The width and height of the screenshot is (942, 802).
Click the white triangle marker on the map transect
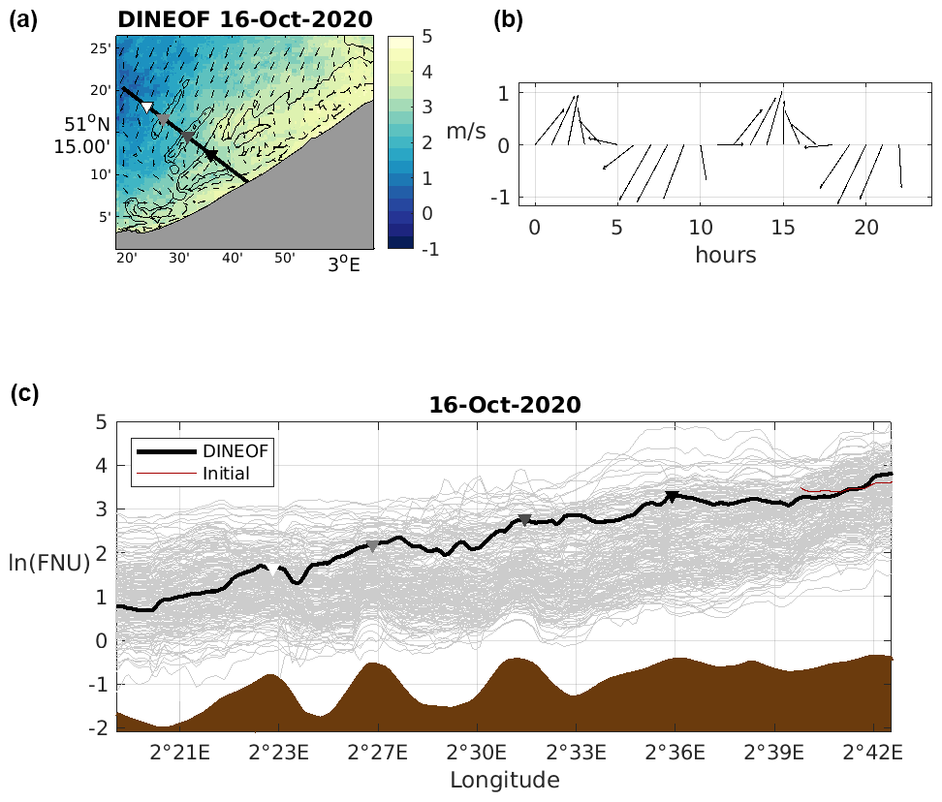146,107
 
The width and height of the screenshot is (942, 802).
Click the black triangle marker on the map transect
210,155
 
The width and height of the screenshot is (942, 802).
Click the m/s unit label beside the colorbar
465,130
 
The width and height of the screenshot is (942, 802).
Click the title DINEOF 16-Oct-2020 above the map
245,17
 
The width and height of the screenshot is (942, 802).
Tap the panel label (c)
24,393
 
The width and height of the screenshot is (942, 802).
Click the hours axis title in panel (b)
725,256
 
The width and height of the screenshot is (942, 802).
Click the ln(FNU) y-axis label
50,563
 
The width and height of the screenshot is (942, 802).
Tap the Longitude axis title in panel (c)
504,779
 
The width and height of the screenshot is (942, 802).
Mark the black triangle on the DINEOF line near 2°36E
672,497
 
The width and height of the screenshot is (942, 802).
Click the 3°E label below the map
342,264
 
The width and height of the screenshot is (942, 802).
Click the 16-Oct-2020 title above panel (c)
504,405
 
